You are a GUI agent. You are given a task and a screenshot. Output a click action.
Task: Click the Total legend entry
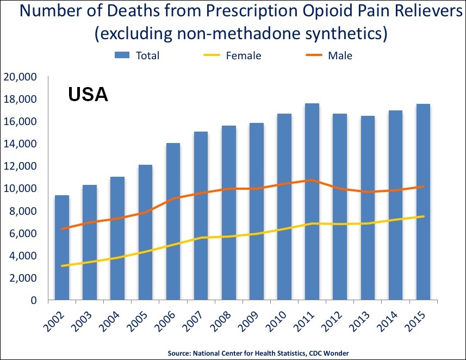click(136, 55)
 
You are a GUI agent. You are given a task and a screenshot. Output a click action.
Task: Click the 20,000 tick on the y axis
click(20, 77)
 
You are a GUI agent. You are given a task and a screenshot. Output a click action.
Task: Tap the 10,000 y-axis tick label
click(20, 189)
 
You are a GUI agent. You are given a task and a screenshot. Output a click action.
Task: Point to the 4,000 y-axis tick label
click(22, 256)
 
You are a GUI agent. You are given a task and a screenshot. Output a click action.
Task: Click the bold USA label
click(88, 95)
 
